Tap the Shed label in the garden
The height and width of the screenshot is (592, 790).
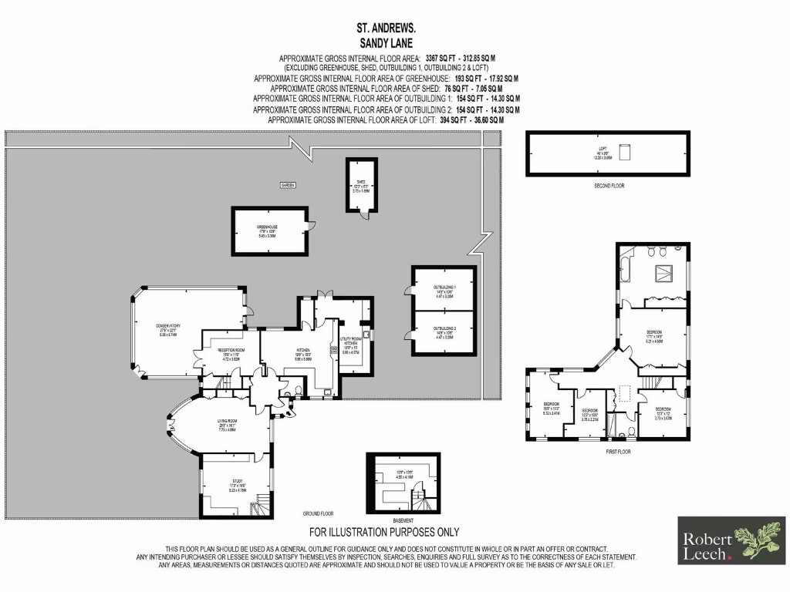click(360, 185)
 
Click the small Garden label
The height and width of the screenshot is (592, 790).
click(288, 185)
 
